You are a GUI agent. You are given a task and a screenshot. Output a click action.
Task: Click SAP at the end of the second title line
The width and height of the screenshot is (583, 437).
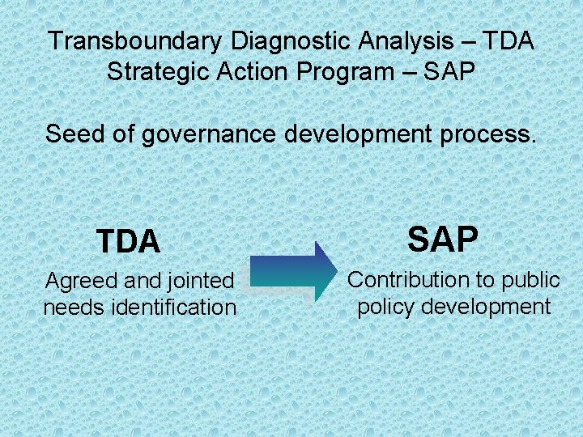tap(449, 71)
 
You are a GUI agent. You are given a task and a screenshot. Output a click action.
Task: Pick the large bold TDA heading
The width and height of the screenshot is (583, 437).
tap(128, 242)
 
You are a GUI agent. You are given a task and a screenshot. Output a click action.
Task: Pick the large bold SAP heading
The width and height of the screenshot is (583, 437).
tap(443, 240)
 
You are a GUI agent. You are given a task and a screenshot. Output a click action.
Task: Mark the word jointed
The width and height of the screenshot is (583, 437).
tap(201, 282)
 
